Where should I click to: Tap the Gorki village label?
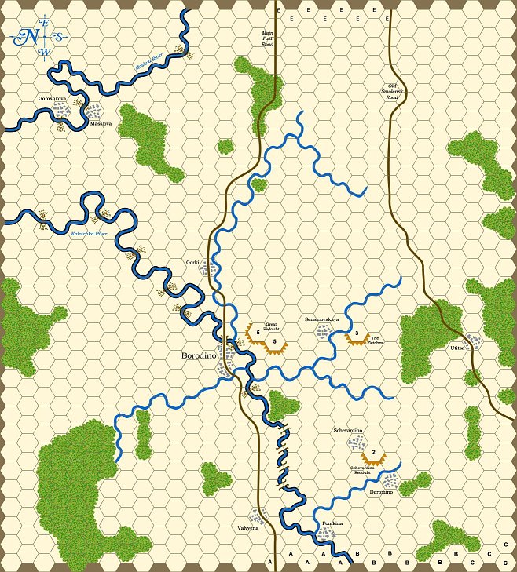click(x=192, y=261)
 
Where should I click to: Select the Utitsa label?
click(x=458, y=347)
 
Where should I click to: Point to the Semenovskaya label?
click(x=321, y=320)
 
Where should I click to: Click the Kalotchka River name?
click(x=89, y=233)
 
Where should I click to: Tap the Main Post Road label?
click(x=267, y=39)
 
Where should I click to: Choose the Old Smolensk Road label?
click(x=392, y=93)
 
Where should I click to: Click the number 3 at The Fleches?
click(x=357, y=333)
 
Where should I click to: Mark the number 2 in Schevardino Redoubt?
click(x=374, y=452)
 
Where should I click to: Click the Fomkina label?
click(x=333, y=522)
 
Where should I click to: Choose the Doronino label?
click(x=383, y=492)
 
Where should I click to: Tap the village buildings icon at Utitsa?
click(x=473, y=341)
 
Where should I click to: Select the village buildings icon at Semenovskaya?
click(x=323, y=332)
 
